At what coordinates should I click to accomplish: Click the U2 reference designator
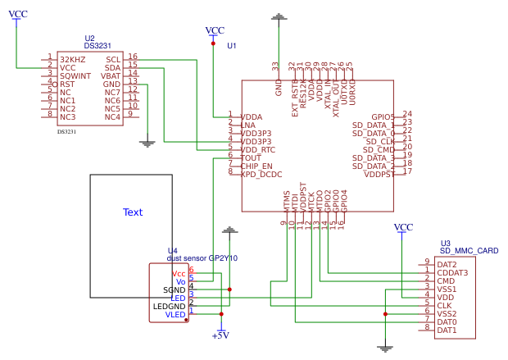pos(89,39)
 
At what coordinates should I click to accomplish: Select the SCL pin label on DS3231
pos(113,59)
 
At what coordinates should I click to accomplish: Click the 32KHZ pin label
pos(72,59)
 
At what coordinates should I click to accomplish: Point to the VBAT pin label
pos(111,75)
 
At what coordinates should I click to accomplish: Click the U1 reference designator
pos(232,45)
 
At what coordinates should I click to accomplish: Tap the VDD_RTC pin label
pos(258,149)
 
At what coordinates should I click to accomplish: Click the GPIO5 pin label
pos(383,116)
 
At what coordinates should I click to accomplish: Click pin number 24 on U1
pos(407,114)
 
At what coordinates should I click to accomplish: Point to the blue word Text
pos(132,212)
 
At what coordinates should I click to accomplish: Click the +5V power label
pos(220,335)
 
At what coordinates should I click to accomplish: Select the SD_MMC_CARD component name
pos(469,251)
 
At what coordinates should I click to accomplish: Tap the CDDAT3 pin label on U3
pos(452,272)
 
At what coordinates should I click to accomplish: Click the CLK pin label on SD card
pos(444,305)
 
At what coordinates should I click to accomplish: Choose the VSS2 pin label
pos(447,313)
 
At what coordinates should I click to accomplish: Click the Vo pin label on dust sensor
pos(180,280)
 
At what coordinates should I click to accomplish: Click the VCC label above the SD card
pos(403,227)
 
